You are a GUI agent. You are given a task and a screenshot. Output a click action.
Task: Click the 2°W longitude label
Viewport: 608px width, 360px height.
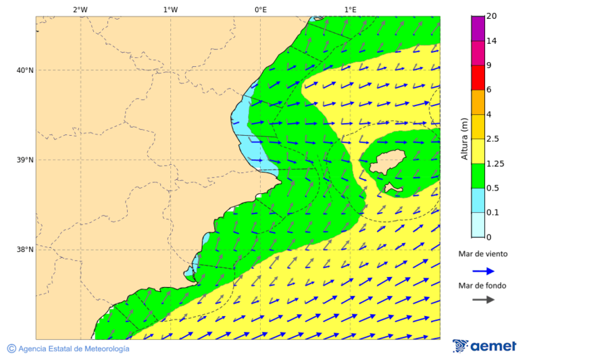point(80,9)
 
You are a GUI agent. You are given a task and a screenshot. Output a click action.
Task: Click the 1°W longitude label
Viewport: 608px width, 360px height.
point(170,9)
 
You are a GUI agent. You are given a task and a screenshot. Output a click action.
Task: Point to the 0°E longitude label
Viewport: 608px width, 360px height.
point(260,9)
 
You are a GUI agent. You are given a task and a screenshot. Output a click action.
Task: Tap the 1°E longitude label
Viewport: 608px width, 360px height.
point(350,9)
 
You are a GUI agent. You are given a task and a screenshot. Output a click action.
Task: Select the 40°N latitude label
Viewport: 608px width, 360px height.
point(24,70)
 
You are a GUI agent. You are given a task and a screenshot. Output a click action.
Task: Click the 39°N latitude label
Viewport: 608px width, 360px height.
point(24,160)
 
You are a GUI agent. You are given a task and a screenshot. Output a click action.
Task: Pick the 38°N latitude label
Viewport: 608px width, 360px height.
point(24,250)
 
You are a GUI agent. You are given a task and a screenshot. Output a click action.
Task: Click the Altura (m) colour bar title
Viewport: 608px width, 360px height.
point(464,139)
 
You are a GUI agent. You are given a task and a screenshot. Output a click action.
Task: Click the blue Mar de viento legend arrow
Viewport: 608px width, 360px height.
point(483,272)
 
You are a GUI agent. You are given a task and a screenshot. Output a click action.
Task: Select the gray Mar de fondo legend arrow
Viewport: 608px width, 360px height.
point(483,299)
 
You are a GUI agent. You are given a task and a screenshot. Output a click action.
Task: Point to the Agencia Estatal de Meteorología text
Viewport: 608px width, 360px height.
point(73,349)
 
